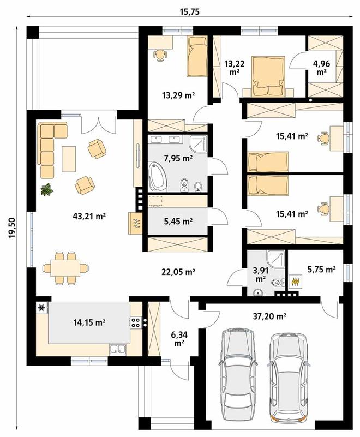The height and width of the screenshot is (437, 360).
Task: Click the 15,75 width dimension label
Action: pos(189,11)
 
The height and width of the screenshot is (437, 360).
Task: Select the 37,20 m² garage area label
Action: pos(270,316)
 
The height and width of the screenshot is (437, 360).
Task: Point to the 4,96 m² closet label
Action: pos(321,68)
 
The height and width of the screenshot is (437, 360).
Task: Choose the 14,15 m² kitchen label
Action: pos(89,322)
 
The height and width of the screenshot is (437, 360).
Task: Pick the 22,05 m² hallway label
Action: pos(178,272)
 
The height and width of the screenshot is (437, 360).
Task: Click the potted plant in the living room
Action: pos(47,189)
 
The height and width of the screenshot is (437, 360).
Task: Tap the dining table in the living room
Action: pos(65,268)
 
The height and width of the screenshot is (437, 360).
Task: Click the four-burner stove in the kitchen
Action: pos(136,322)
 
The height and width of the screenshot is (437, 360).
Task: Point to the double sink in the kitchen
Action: pos(118,350)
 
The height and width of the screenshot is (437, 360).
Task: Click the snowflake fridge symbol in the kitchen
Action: pos(42,308)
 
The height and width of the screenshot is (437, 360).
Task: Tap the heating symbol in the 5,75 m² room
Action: pos(296,282)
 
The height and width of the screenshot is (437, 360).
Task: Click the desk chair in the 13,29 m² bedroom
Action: pos(160,55)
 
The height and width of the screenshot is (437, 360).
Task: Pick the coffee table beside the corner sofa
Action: pos(69,159)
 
